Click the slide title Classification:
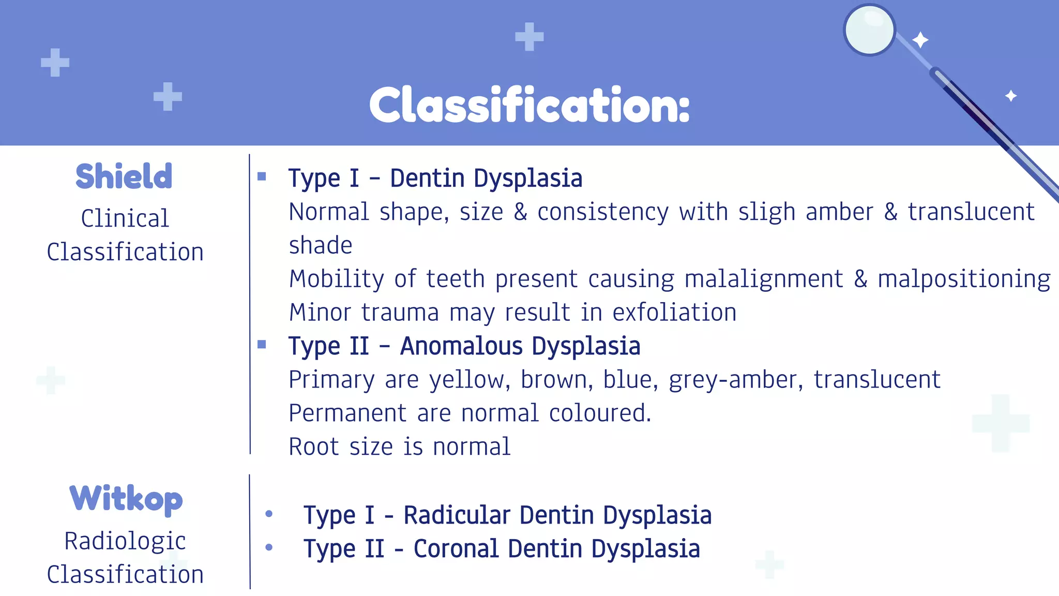click(529, 105)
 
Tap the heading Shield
click(124, 176)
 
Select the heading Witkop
click(126, 498)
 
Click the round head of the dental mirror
click(870, 30)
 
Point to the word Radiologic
click(125, 541)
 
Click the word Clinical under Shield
click(125, 218)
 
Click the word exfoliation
click(674, 312)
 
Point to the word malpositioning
click(964, 279)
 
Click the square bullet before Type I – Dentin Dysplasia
click(262, 177)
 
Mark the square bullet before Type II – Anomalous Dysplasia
click(262, 345)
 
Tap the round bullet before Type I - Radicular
click(269, 514)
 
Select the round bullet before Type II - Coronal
click(269, 547)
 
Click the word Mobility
click(337, 279)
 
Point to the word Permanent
click(348, 413)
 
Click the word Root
click(313, 446)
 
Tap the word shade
click(321, 245)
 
